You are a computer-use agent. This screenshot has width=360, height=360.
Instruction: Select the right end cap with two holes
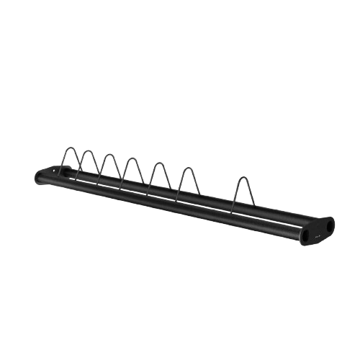[318, 230]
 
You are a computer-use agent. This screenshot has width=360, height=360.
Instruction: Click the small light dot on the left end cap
[60, 171]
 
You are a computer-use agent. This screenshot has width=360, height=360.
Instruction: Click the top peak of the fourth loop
[132, 158]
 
